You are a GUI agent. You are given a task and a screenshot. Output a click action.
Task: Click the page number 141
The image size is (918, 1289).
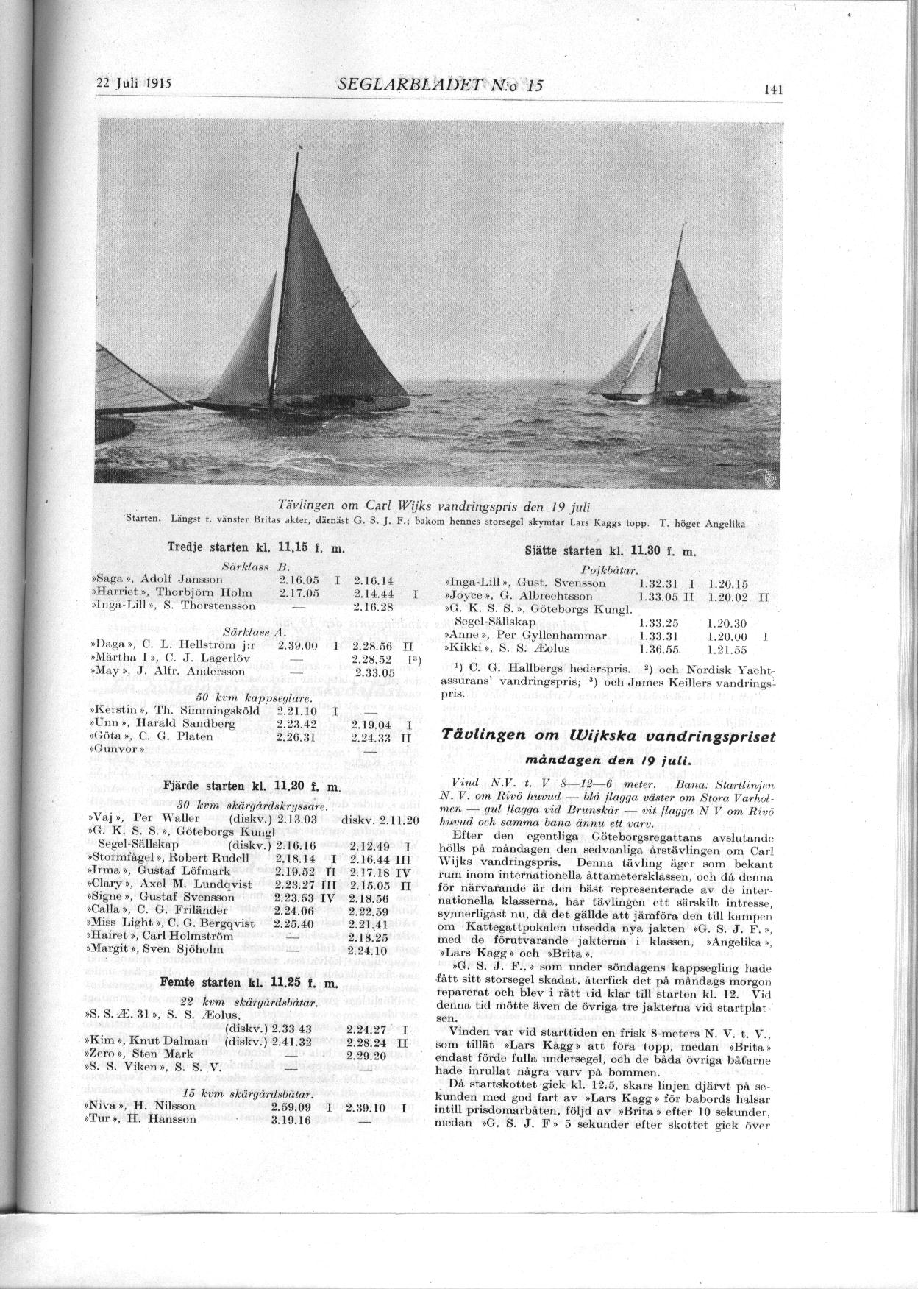pos(773,90)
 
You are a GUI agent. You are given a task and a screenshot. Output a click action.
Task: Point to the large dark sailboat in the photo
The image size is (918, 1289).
pos(309,309)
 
